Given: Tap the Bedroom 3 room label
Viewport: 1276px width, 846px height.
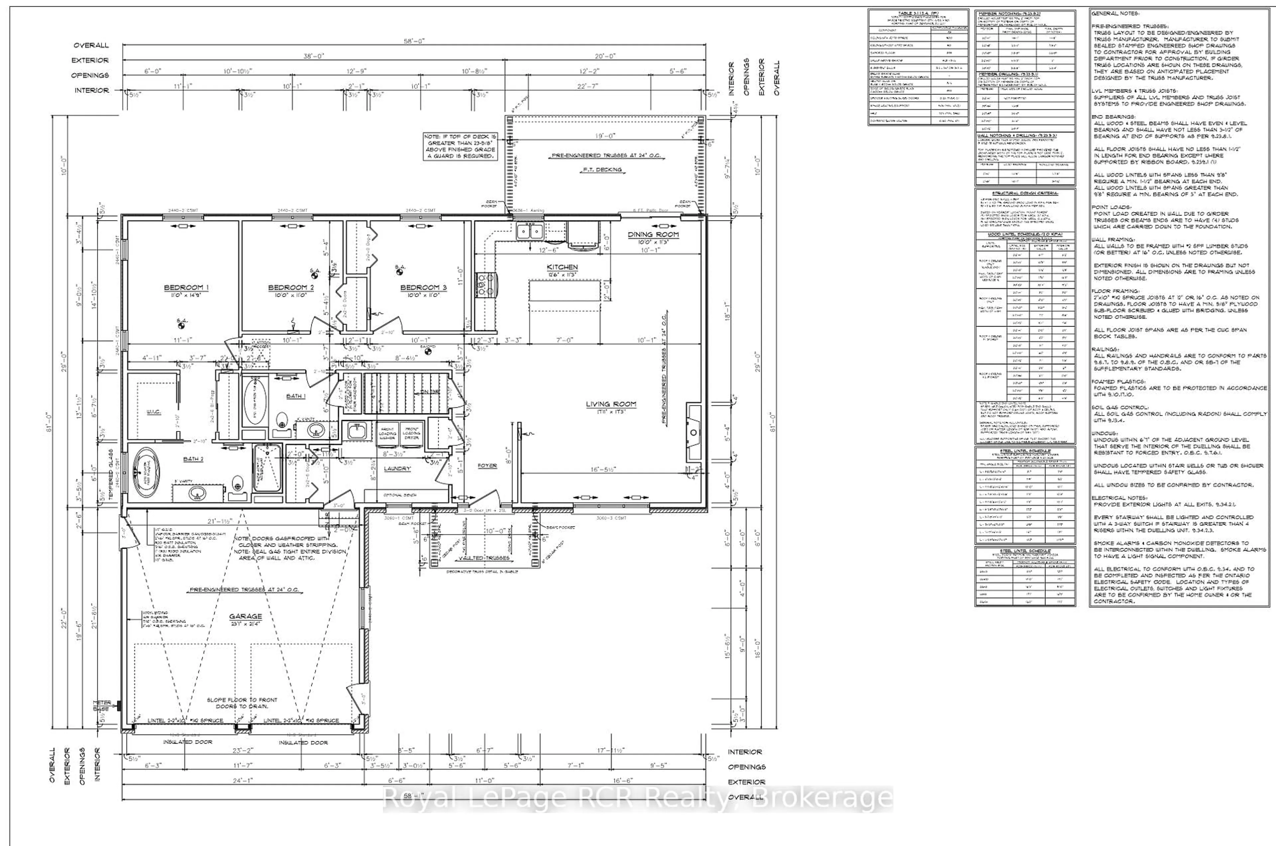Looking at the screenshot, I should click(423, 288).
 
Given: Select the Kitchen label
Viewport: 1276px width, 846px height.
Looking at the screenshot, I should click(562, 267).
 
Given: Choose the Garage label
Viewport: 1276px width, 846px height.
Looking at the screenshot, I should click(245, 616).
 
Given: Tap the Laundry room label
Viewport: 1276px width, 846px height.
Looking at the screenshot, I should click(397, 469).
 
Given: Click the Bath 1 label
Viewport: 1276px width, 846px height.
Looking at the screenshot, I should click(295, 396).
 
